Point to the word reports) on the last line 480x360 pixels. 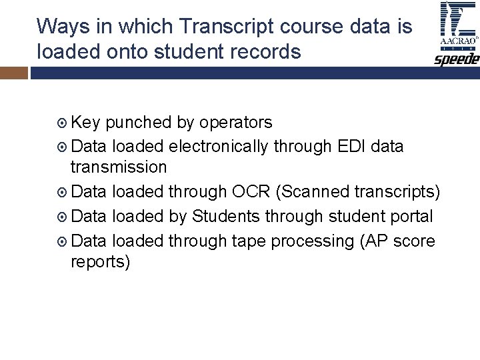pos(101,262)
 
